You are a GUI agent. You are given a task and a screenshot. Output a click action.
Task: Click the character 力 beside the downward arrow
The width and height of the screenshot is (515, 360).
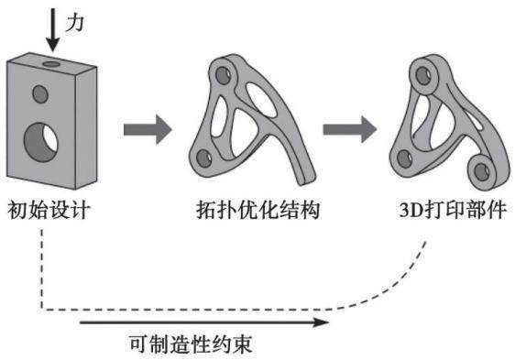[x=74, y=23]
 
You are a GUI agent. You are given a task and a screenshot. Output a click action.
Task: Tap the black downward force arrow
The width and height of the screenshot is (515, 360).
[x=52, y=30]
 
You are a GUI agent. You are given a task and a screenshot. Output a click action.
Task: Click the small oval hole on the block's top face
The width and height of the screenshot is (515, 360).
[x=51, y=64]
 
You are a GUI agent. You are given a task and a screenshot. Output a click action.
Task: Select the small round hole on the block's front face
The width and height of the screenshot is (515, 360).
[x=40, y=94]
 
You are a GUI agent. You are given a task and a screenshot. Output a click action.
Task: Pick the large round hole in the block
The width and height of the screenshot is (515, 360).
[x=40, y=143]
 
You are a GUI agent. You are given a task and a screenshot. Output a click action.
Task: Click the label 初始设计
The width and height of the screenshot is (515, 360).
[x=49, y=210]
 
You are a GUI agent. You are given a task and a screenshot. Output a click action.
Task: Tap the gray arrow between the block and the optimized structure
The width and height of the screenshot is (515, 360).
[x=148, y=129]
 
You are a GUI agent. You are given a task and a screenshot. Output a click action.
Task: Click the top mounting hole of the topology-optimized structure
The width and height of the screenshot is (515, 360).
[x=223, y=75]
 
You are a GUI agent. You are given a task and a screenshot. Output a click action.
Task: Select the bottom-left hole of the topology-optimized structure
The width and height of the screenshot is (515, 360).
[x=203, y=158]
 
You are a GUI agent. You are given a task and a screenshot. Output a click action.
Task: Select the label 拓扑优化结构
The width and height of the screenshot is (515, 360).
[x=257, y=210]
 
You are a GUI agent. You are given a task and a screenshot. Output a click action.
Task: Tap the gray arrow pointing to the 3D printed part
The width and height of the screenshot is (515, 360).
[x=349, y=129]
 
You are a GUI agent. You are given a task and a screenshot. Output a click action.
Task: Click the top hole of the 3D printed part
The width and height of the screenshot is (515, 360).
[x=423, y=75]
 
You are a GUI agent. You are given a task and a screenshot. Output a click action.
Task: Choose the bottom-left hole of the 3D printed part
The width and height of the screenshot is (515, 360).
[x=404, y=159]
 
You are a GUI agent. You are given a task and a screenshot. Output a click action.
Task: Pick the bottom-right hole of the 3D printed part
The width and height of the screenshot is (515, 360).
[x=482, y=171]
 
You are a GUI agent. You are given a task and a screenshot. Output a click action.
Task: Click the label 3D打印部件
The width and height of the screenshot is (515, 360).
[x=453, y=210]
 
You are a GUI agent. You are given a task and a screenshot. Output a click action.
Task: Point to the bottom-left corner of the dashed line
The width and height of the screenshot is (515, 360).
[x=42, y=309]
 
